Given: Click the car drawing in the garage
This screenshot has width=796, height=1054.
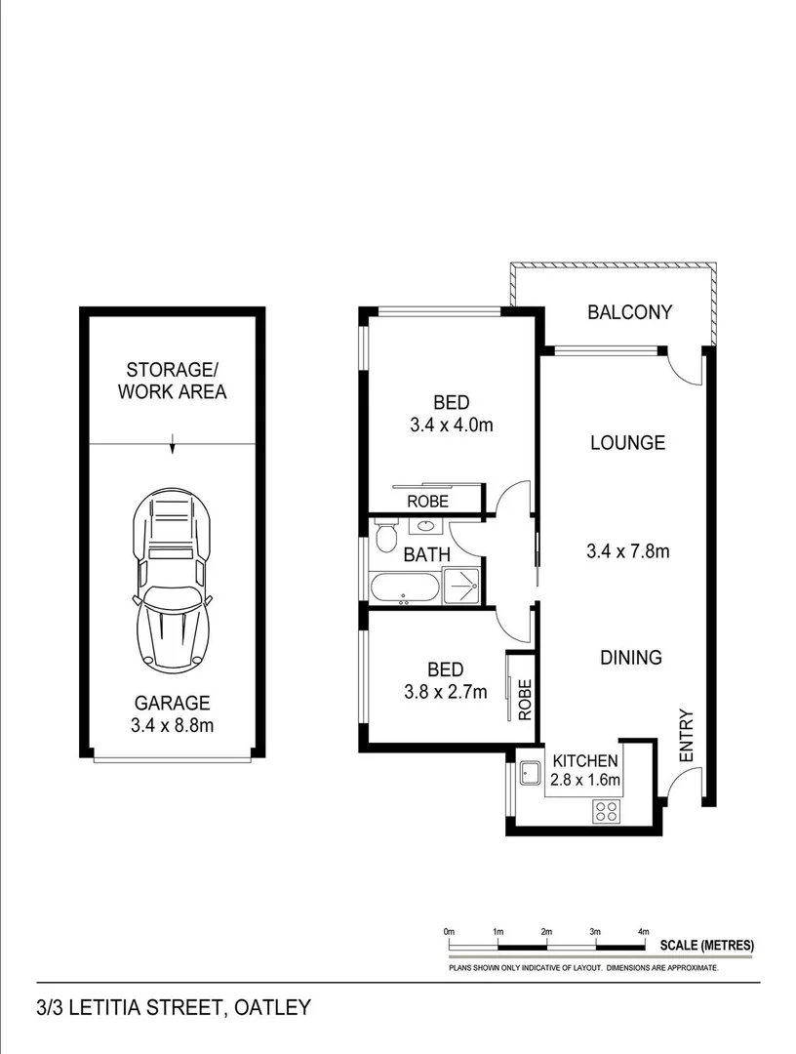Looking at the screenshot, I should (x=172, y=582).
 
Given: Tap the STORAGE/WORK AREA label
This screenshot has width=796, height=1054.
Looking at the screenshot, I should (x=172, y=381).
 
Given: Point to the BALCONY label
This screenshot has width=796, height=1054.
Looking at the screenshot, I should (x=629, y=312).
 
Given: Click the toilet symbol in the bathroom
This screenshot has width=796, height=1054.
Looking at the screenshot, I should (x=386, y=538).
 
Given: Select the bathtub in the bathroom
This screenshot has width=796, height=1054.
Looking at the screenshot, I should (x=404, y=588).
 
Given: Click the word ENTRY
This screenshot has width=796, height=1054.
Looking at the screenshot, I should (x=685, y=735).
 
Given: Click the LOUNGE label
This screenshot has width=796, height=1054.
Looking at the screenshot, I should (x=627, y=443).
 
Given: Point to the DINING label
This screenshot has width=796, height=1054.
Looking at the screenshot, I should (x=630, y=658).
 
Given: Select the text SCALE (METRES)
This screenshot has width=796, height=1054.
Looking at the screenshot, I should (x=706, y=945).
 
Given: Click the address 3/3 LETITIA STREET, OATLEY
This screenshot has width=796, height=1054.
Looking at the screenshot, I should (x=174, y=1006).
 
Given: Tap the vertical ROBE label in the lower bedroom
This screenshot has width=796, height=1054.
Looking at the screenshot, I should (x=524, y=700).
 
